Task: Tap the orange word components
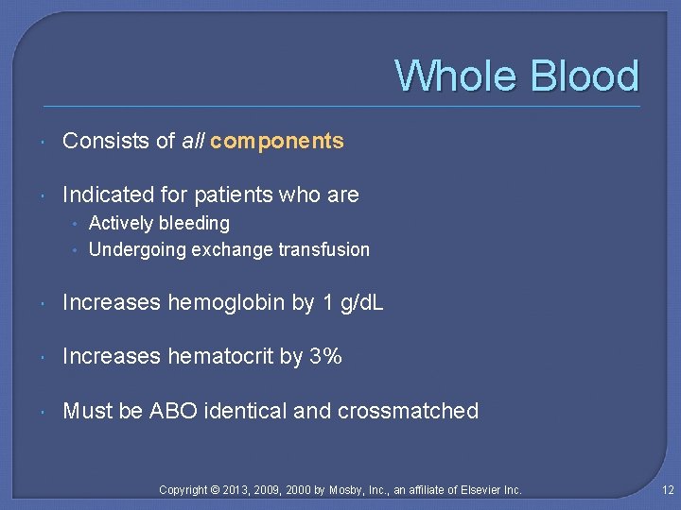[277, 142]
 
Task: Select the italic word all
[193, 142]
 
